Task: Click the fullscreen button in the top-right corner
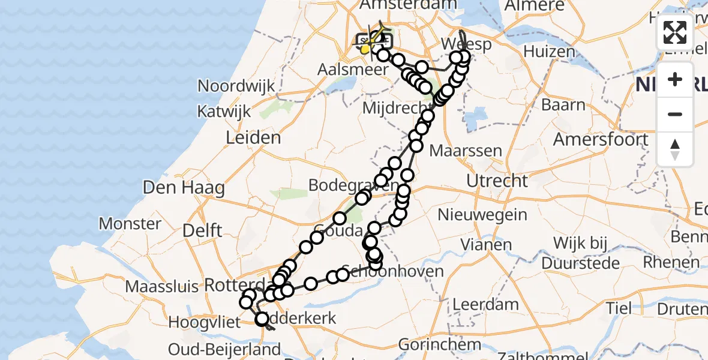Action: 675,33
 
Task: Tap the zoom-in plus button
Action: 675,79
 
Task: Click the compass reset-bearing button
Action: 675,149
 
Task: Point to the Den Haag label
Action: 184,188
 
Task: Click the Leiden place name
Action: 253,138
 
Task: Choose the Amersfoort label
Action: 600,140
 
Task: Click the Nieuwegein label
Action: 482,214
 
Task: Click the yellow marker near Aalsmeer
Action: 365,49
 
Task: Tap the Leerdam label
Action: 485,304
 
